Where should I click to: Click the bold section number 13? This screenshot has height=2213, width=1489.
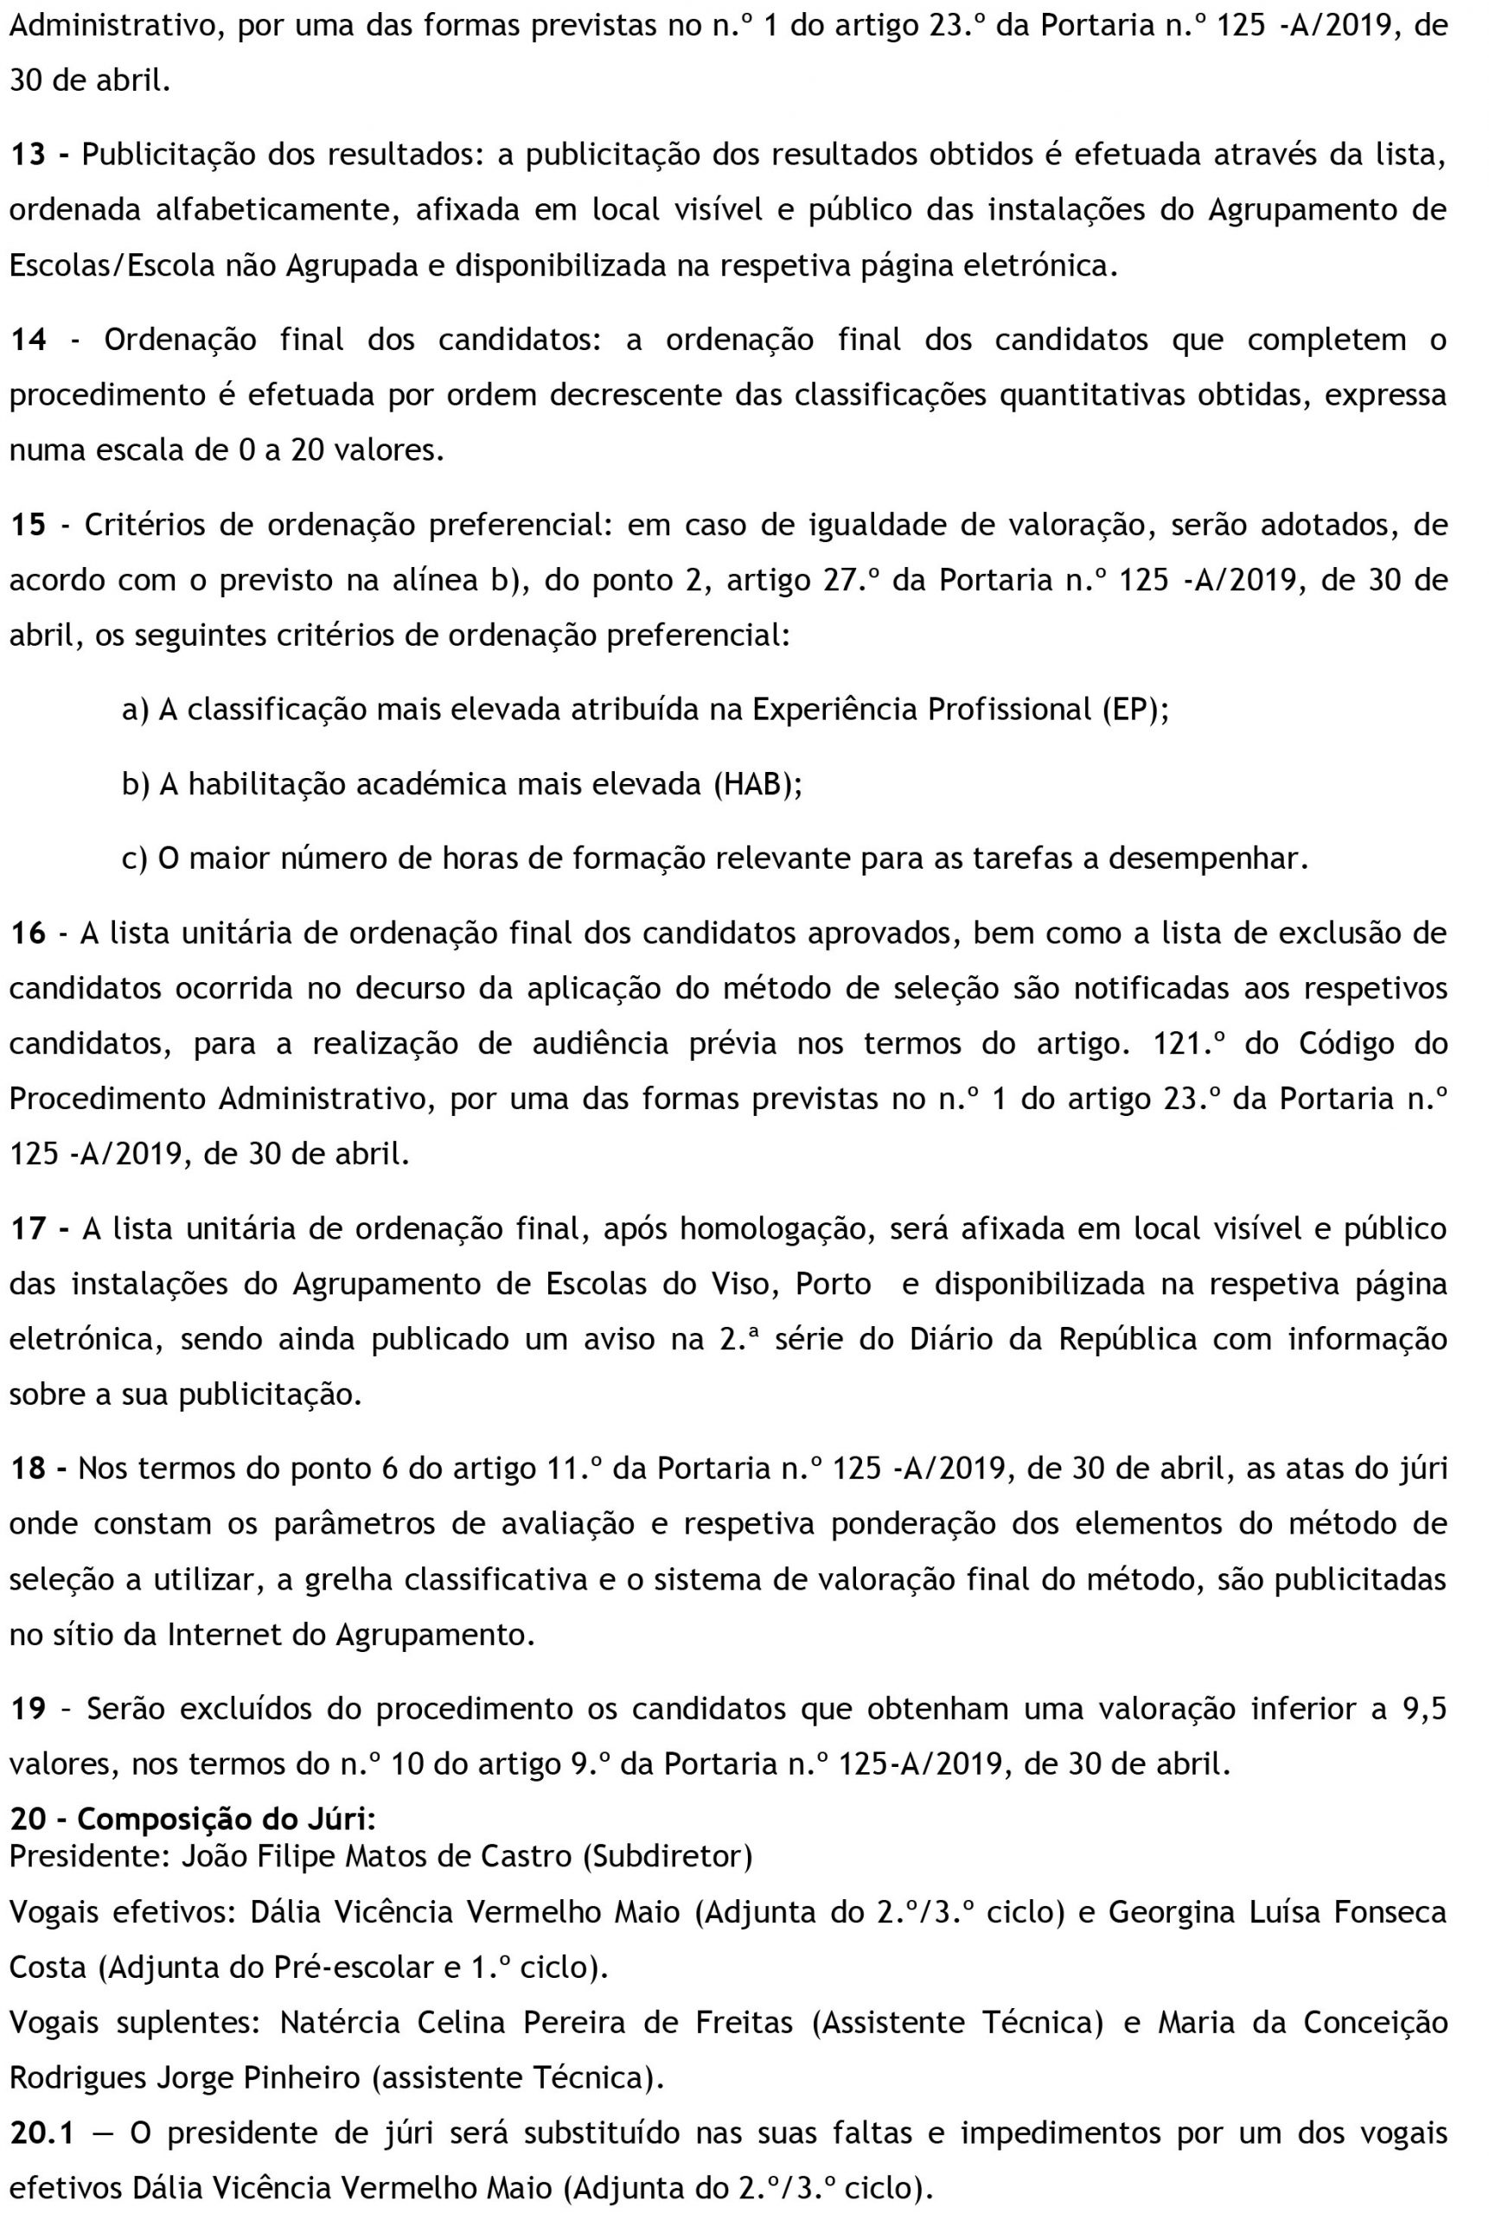[x=28, y=156]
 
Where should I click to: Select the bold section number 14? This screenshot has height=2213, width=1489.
[x=28, y=340]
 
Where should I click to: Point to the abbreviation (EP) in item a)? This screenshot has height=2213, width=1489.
[x=1134, y=710]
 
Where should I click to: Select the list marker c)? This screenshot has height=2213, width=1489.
[x=135, y=858]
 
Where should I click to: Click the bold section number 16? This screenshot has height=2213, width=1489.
[x=28, y=934]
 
